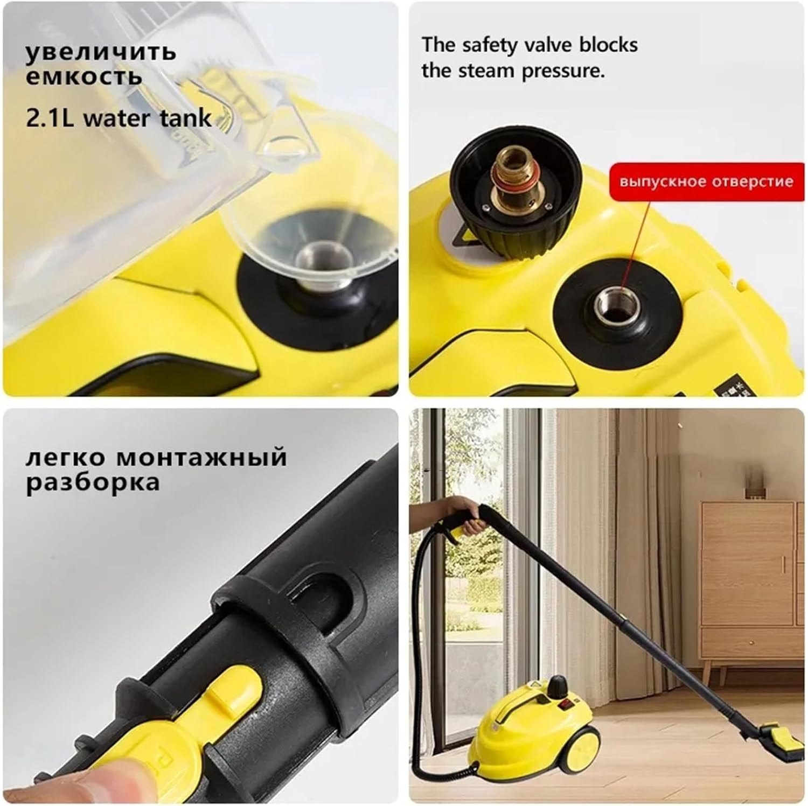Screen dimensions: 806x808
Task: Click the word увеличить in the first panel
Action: point(101,52)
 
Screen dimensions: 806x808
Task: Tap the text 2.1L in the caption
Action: point(50,118)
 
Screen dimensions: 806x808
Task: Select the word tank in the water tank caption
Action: point(186,118)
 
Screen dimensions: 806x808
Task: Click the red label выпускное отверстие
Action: point(706,181)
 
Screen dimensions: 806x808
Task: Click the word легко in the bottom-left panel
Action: point(65,458)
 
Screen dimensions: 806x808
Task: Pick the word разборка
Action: point(93,482)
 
